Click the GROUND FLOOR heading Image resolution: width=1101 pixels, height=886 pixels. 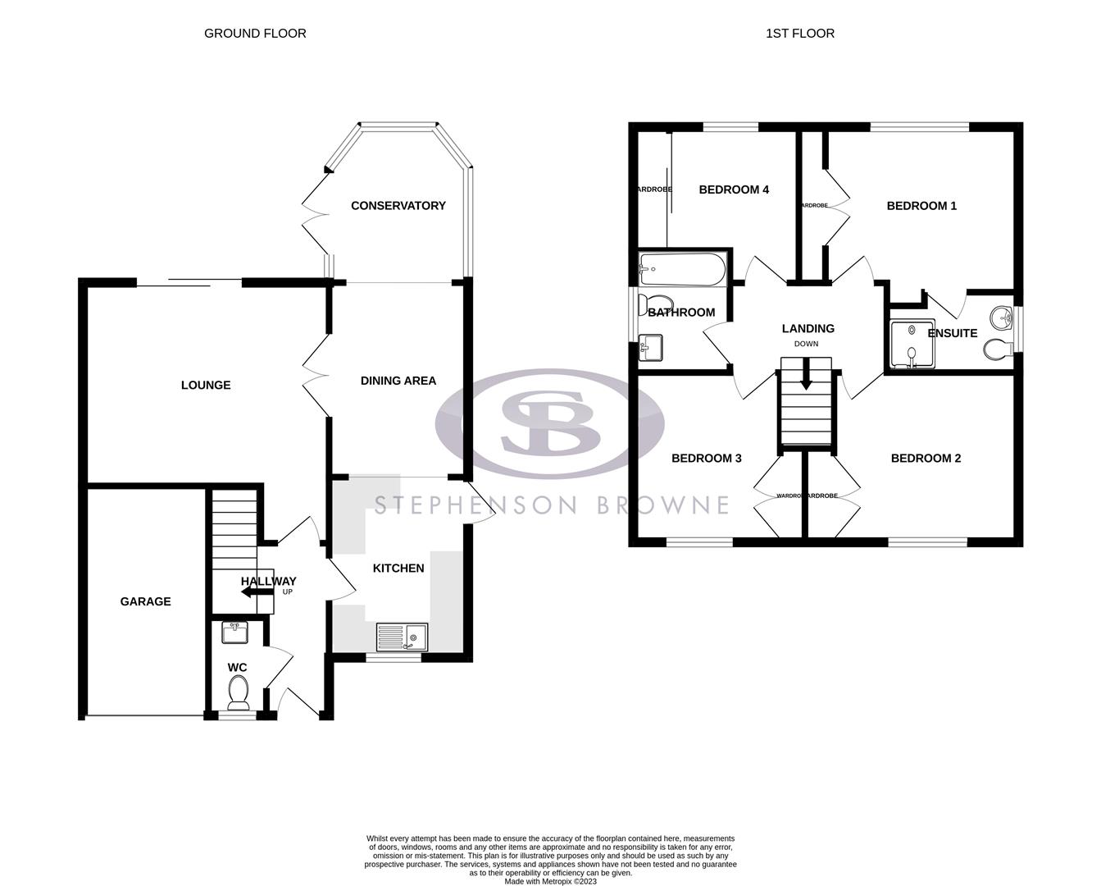255,34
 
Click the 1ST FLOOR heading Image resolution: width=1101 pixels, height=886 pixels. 799,34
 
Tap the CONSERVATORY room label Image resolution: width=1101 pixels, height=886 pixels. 398,206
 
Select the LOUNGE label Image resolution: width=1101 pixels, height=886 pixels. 206,385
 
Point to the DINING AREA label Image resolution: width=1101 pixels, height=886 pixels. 398,381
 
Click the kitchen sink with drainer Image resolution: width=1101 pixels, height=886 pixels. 402,637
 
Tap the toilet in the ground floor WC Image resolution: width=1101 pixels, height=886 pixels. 239,693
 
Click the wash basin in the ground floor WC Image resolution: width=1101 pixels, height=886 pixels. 235,633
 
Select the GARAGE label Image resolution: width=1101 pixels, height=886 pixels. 146,601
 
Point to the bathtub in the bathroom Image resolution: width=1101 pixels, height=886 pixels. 682,270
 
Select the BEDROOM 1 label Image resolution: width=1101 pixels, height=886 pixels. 921,206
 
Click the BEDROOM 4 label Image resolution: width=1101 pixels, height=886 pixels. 734,190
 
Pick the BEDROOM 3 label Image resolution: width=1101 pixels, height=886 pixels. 706,458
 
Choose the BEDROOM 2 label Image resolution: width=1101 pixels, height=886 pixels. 926,458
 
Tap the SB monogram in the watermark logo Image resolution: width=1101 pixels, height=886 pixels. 550,423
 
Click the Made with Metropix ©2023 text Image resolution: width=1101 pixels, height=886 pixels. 550,881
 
